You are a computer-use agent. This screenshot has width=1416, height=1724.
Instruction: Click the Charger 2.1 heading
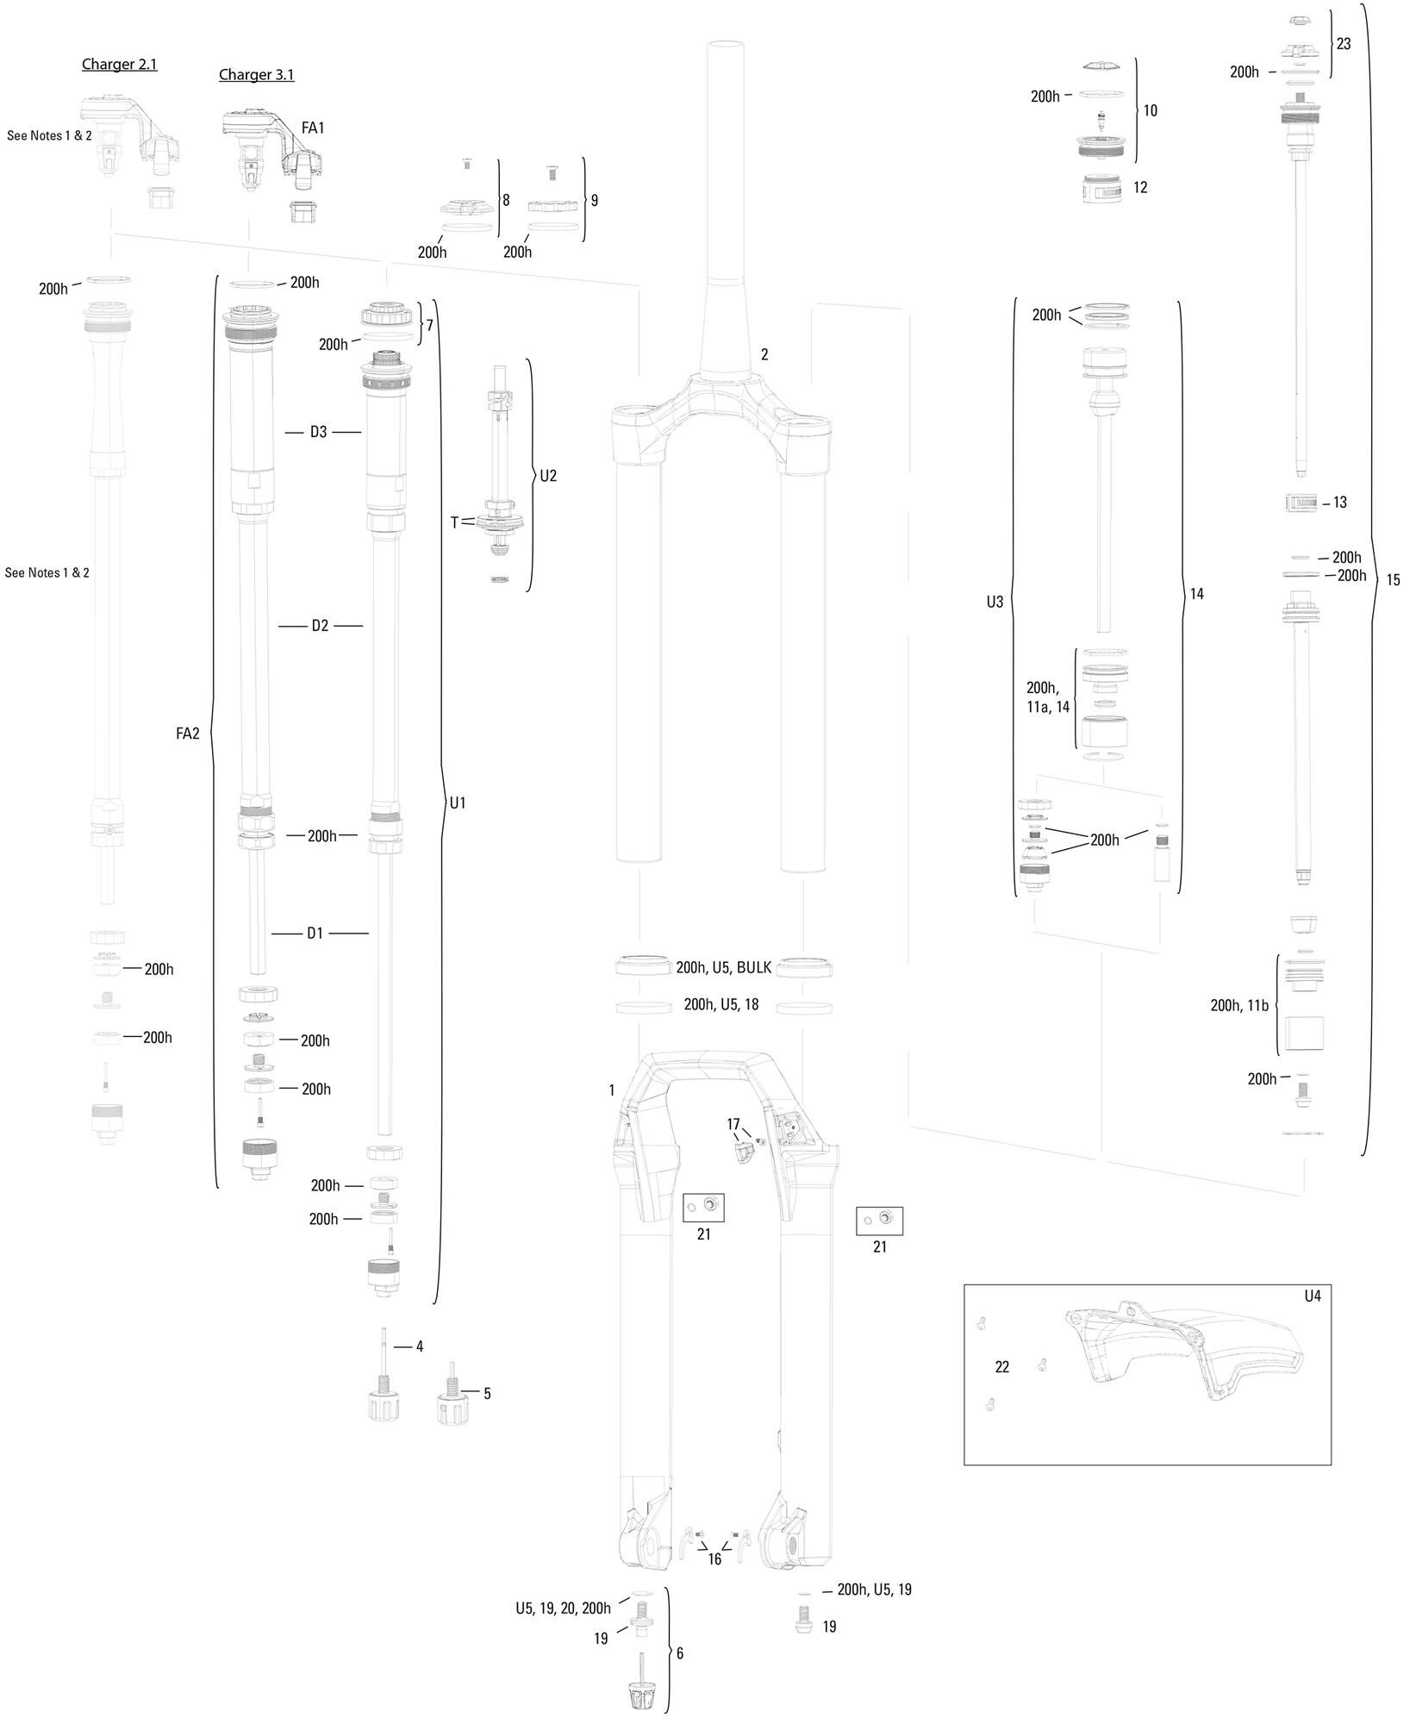(x=119, y=65)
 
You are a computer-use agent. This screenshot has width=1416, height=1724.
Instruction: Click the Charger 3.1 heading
(x=256, y=75)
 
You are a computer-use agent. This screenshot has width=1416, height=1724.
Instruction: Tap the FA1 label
(x=312, y=128)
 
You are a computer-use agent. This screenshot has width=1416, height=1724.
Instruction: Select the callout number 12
(x=1140, y=188)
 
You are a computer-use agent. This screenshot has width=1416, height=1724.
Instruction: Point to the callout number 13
(x=1339, y=503)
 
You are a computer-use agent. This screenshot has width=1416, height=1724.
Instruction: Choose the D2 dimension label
(x=320, y=626)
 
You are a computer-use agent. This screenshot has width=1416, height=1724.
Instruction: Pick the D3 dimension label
(x=319, y=432)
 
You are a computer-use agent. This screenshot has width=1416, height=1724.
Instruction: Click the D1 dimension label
(x=315, y=934)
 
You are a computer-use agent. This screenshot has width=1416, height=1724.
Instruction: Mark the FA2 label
(x=187, y=734)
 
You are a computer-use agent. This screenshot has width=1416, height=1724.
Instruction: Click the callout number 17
(x=733, y=1124)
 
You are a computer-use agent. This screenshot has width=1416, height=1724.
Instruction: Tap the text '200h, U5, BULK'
(x=723, y=968)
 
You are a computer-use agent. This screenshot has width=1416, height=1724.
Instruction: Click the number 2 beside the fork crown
(x=764, y=354)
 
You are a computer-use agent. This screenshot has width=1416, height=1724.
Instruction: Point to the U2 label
(x=548, y=475)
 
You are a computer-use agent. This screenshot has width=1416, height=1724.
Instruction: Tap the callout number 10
(x=1150, y=111)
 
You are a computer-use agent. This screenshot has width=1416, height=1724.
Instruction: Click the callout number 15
(x=1393, y=581)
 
